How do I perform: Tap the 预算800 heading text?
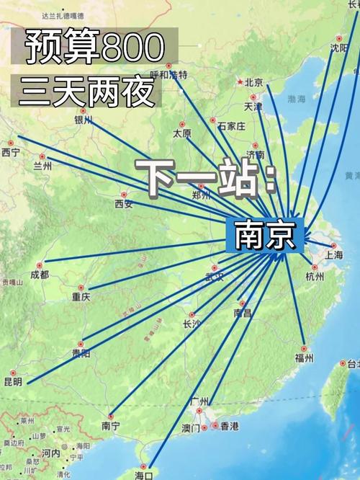pos(94,48)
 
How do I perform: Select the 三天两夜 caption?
pos(84,92)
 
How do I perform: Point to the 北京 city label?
pos(253,82)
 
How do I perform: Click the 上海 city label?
pos(334,254)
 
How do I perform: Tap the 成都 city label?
pos(40,275)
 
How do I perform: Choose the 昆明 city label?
pos(13,381)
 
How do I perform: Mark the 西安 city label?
pos(124,204)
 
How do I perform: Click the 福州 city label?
pos(304,357)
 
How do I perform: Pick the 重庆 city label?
pos(81,296)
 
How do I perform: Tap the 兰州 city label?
pos(42,166)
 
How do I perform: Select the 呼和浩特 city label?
pos(168,75)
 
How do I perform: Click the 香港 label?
pos(229,427)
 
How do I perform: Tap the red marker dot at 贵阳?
pos(81,345)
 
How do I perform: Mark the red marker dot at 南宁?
pos(111,416)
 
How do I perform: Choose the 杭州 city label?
pos(315,276)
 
